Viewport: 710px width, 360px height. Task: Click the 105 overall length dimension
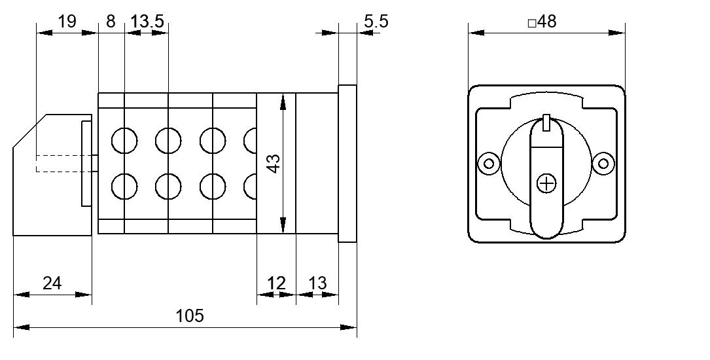click(x=190, y=315)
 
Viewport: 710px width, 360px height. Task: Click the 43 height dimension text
click(x=274, y=164)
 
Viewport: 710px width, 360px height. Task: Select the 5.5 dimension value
click(x=376, y=21)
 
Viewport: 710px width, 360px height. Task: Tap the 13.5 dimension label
click(x=147, y=22)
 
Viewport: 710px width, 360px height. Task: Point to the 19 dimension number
click(x=67, y=21)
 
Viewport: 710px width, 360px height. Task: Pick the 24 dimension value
click(x=52, y=283)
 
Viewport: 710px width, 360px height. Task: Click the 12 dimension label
click(x=276, y=283)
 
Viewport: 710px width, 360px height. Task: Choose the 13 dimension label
click(x=317, y=283)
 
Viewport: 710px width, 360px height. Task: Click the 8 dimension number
click(x=111, y=22)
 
